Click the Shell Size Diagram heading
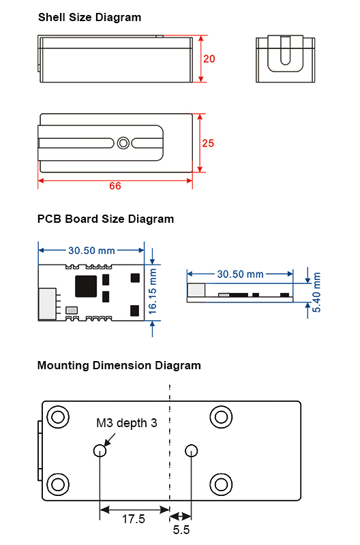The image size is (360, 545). [89, 17]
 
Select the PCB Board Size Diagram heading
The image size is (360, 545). [106, 219]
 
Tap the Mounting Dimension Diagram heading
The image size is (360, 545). [119, 365]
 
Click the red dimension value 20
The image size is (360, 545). [209, 59]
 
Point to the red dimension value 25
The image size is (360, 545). [208, 143]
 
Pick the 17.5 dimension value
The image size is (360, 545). [133, 519]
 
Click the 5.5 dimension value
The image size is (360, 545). [181, 529]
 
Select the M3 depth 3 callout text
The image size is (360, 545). [127, 422]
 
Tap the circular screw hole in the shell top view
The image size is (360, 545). [123, 143]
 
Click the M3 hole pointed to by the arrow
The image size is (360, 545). [100, 450]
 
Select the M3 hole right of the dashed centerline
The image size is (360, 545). [192, 450]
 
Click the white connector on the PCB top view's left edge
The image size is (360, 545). [46, 302]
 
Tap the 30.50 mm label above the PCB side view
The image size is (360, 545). [240, 274]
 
